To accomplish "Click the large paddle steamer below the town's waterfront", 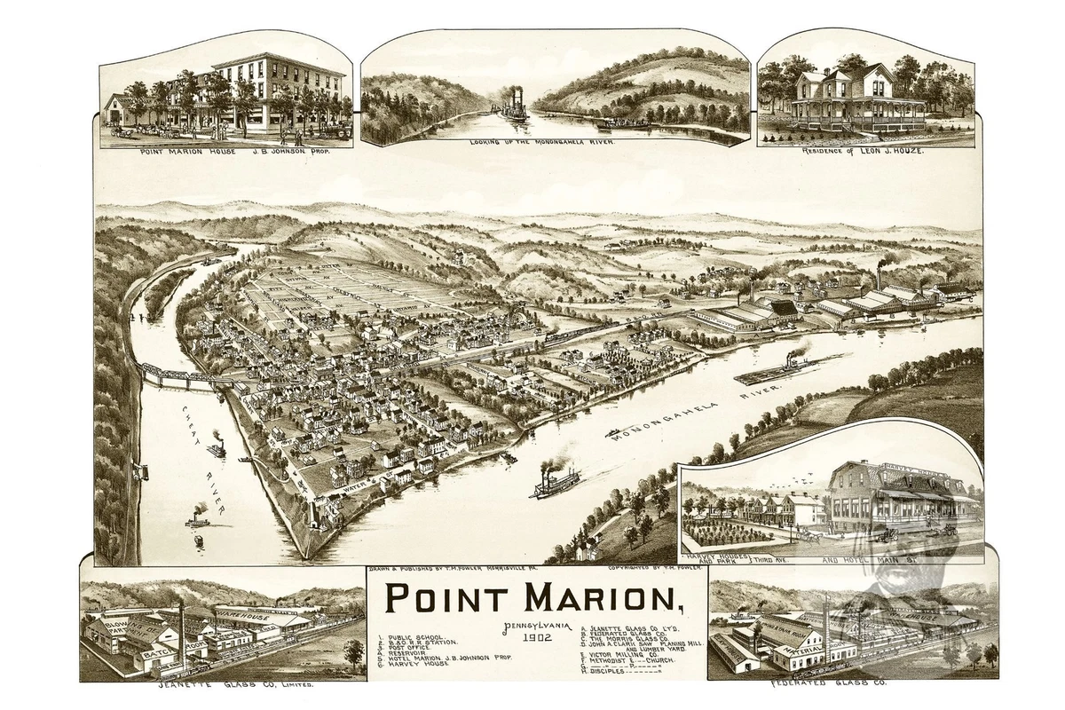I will tap(555, 481).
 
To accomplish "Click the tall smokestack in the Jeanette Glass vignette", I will tap(183, 631).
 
